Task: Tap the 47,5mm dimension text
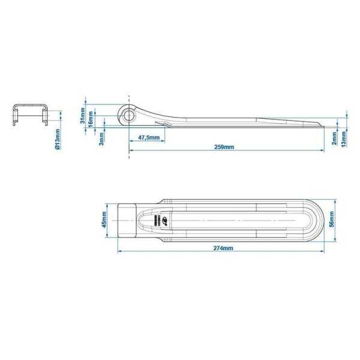point(149,138)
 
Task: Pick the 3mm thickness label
point(102,138)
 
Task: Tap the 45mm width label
point(104,220)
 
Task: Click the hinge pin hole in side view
point(128,113)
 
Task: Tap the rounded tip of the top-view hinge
point(319,221)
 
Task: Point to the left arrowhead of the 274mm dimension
point(119,251)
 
